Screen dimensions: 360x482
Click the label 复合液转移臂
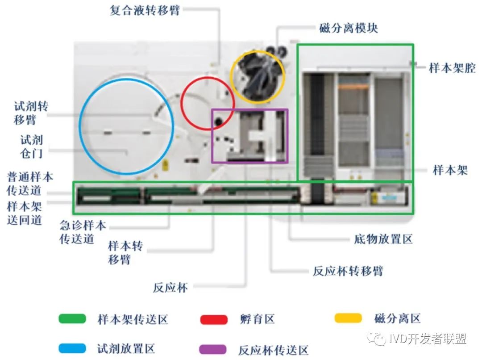[x=145, y=10]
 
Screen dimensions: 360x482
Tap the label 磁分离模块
[x=349, y=28]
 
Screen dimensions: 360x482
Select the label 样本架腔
[x=452, y=68]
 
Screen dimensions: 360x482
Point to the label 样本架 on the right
[x=450, y=170]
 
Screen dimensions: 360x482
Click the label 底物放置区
[x=383, y=239]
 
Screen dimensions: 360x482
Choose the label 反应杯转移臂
[x=348, y=271]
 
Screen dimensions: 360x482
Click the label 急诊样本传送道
[x=83, y=232]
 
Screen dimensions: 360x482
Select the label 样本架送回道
[x=25, y=213]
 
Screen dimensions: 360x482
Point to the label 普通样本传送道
[x=29, y=183]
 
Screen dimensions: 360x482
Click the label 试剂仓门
[x=31, y=147]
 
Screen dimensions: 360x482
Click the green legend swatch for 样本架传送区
[x=72, y=319]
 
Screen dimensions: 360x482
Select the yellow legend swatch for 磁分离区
[x=348, y=318]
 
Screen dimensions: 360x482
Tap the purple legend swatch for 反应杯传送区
[x=214, y=349]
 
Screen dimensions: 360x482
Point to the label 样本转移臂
[x=125, y=252]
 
